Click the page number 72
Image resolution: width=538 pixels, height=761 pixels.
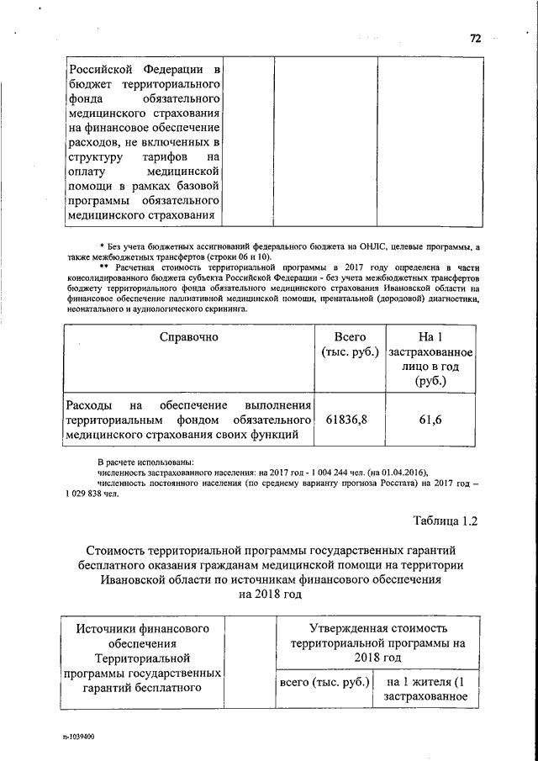(x=474, y=38)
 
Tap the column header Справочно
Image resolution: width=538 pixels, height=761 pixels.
(x=189, y=337)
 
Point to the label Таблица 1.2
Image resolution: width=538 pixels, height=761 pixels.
(x=445, y=521)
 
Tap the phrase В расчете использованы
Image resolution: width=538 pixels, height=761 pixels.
(x=145, y=462)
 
